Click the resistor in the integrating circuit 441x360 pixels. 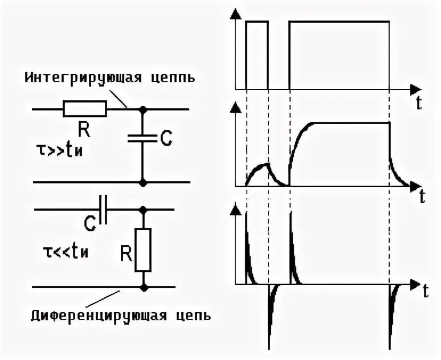coord(84,108)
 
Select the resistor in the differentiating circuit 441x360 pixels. coord(143,249)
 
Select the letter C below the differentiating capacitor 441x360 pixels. coord(89,226)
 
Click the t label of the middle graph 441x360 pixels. coord(422,197)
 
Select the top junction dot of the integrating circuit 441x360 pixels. coord(143,108)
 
